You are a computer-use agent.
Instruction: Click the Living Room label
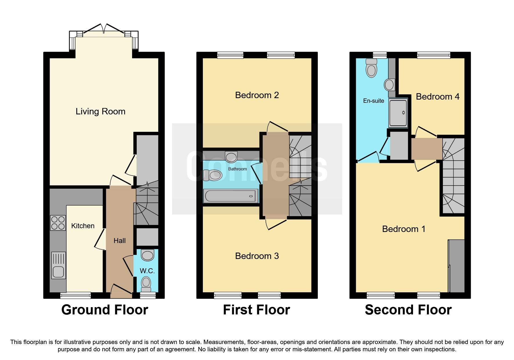pos(100,111)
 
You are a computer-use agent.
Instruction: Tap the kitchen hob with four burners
pos(58,223)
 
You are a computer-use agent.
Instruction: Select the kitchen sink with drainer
pos(59,265)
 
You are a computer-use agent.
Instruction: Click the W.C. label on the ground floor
pos(147,271)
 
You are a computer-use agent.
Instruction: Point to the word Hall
pos(120,241)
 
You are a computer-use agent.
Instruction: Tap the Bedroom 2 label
pos(257,95)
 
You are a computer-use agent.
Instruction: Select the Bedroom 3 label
pos(257,256)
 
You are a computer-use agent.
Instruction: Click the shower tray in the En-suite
pos(398,113)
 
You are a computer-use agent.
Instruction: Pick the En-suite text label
pos(374,101)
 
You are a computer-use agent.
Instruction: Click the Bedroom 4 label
pos(437,97)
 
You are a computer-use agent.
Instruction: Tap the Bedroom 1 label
pos(404,229)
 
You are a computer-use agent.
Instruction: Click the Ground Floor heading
pos(104,310)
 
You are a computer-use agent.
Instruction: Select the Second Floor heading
pos(408,310)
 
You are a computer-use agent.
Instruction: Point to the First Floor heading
pos(256,310)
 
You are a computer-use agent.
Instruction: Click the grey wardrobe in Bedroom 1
pos(457,266)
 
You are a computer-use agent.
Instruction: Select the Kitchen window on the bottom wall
pos(75,296)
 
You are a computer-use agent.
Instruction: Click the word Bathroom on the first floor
pos(237,169)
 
